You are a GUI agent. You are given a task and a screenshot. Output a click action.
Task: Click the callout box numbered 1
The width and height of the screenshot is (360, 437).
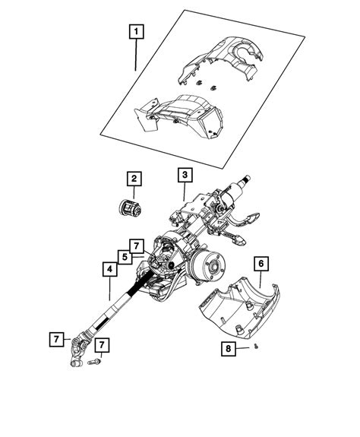click(135, 32)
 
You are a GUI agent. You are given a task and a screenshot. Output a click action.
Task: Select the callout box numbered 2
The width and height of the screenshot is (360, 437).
click(133, 179)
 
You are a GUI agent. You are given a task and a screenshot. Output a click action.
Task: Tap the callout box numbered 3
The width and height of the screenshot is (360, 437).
click(185, 175)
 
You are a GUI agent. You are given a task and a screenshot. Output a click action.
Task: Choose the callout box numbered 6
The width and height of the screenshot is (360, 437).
click(260, 264)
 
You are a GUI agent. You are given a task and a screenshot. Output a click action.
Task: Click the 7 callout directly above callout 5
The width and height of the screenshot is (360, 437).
click(135, 245)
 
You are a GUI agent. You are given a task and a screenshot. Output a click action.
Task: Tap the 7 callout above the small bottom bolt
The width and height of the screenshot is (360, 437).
click(103, 346)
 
